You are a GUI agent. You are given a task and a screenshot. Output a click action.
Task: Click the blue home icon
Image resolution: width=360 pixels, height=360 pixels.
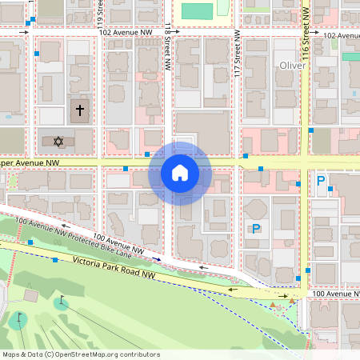click(180, 172)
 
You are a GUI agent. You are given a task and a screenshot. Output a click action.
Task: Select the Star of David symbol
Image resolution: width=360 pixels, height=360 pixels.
click(58, 142)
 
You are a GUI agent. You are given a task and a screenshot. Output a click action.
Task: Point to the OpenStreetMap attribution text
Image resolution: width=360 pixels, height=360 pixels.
click(81, 354)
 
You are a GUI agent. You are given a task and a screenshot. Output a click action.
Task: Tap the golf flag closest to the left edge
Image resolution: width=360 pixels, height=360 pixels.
click(18, 318)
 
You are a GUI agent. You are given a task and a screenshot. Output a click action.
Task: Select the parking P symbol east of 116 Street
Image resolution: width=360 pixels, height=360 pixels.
click(321, 181)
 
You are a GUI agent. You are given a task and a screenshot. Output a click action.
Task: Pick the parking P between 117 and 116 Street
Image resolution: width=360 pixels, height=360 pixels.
click(256, 228)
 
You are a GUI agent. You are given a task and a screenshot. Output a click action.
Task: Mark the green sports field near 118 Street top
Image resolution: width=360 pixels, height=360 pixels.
click(197, 10)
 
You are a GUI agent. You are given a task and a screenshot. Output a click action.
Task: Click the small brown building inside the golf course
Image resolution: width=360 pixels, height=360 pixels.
click(278, 303)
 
